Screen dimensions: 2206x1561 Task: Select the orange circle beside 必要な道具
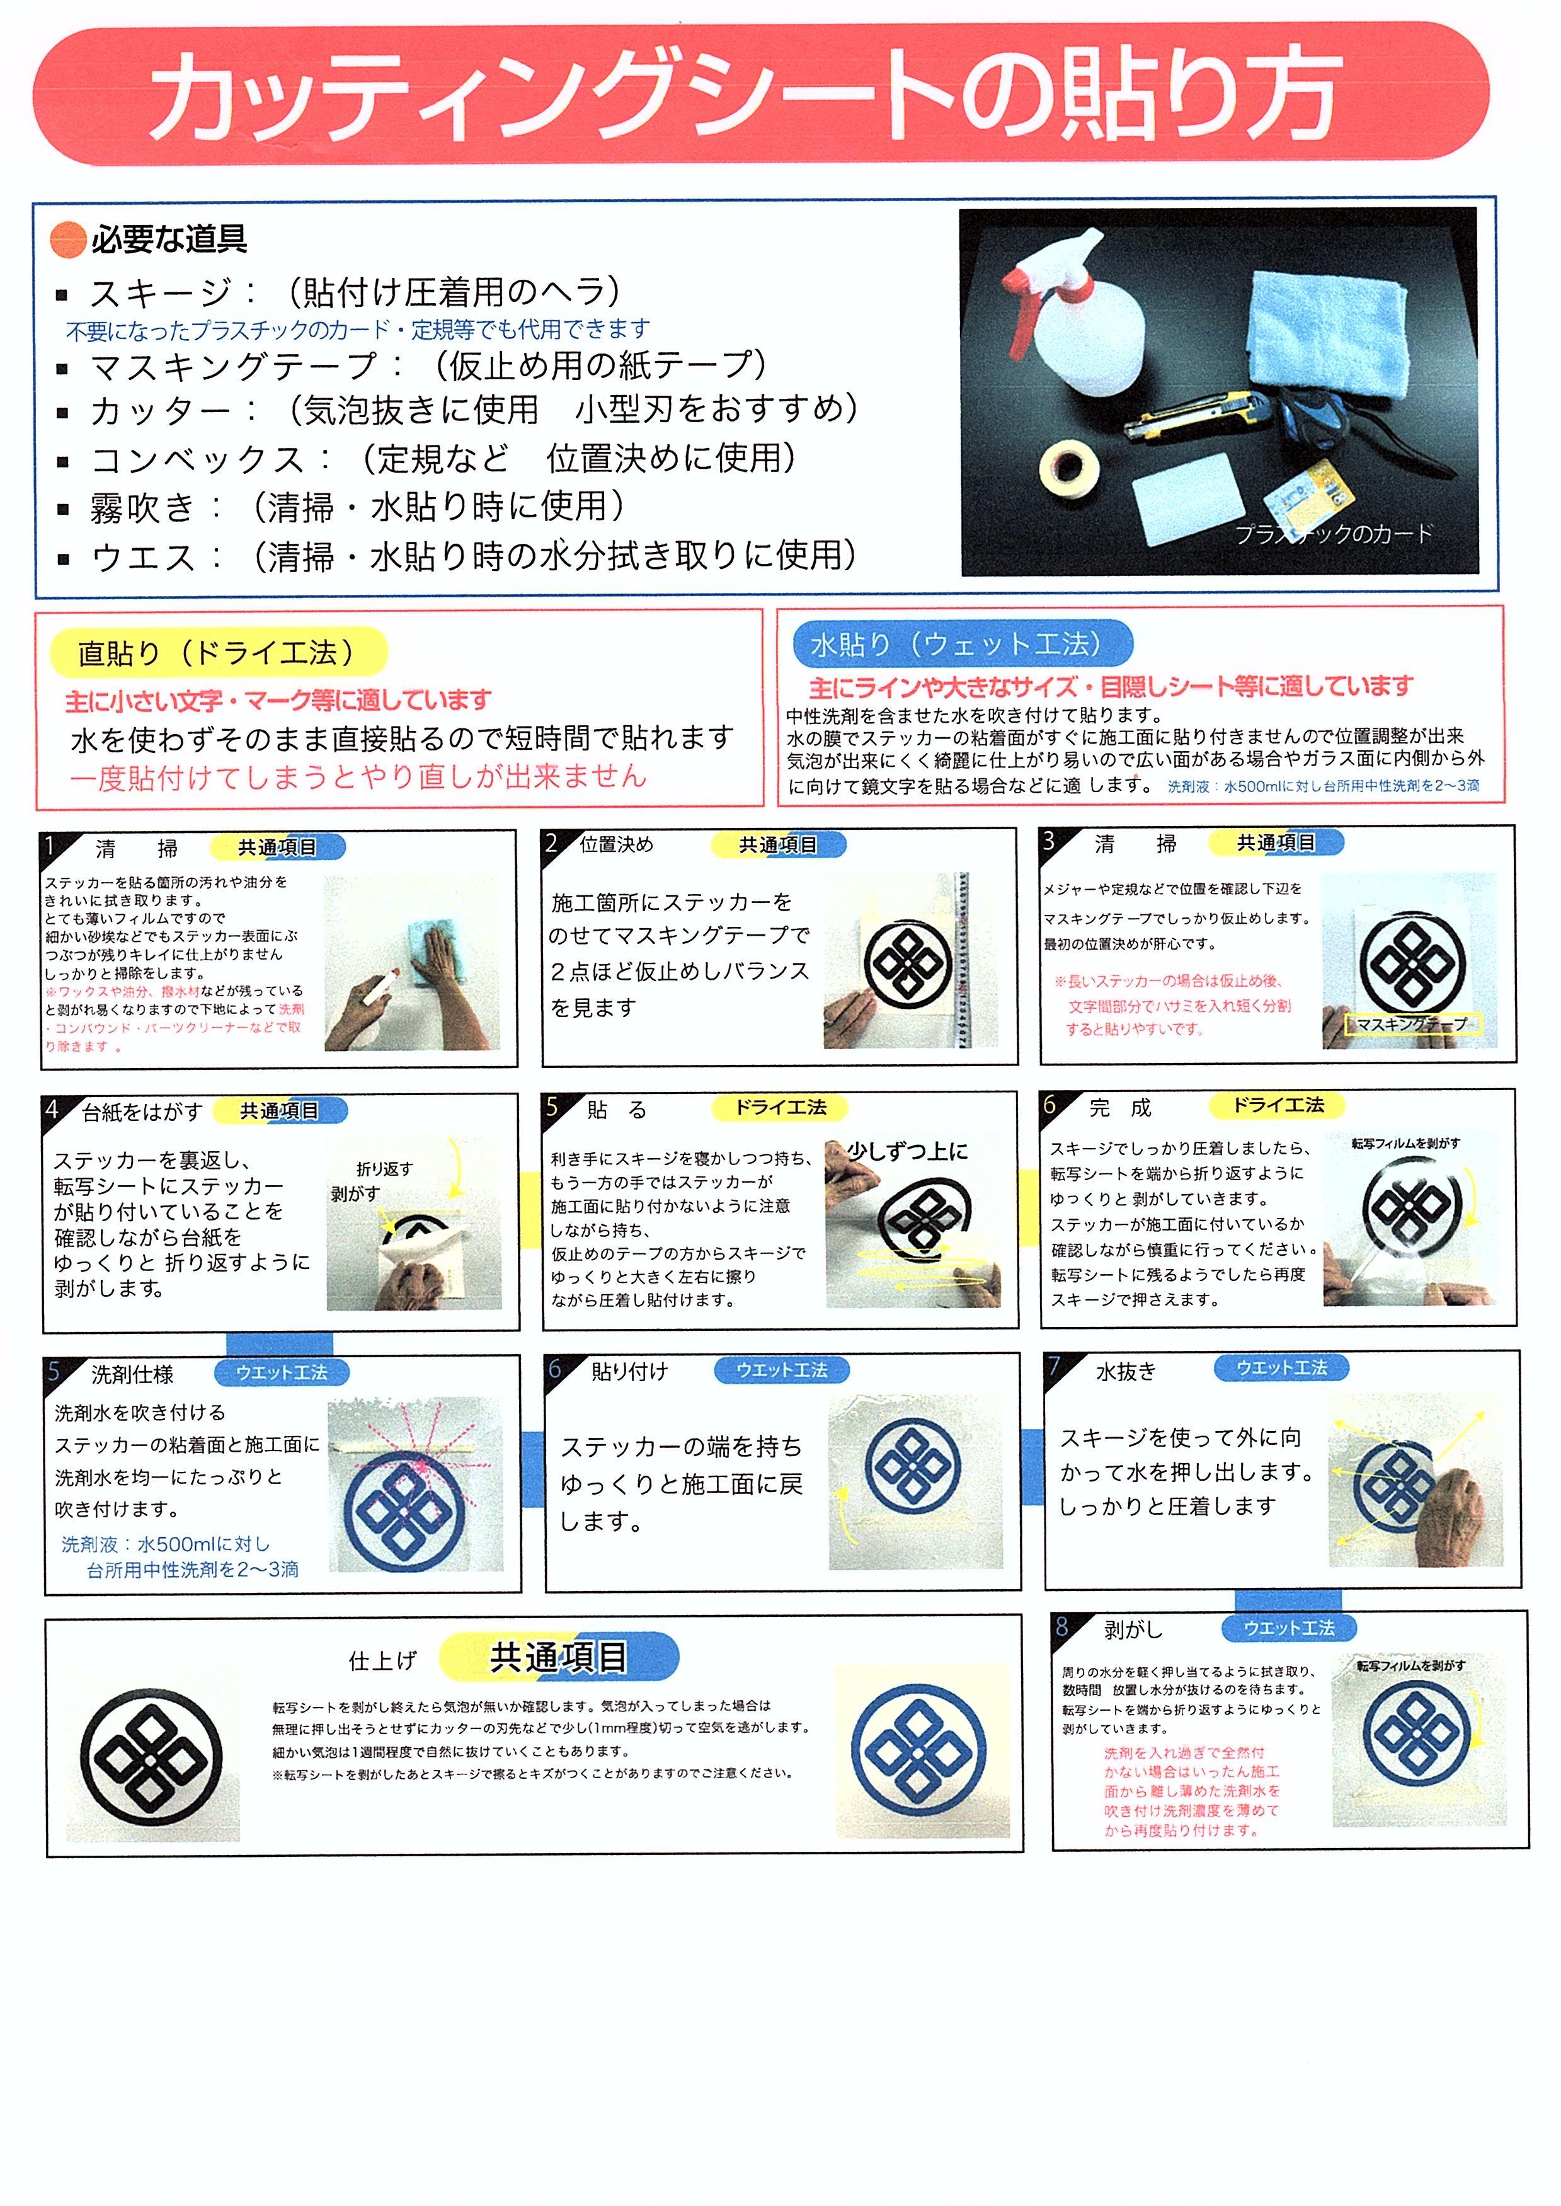(68, 240)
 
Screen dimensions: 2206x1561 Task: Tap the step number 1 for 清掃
(52, 846)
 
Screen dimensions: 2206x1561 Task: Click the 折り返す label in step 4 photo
(384, 1169)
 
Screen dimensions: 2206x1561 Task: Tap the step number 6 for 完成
(1051, 1105)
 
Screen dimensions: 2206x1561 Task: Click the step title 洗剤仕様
(133, 1374)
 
